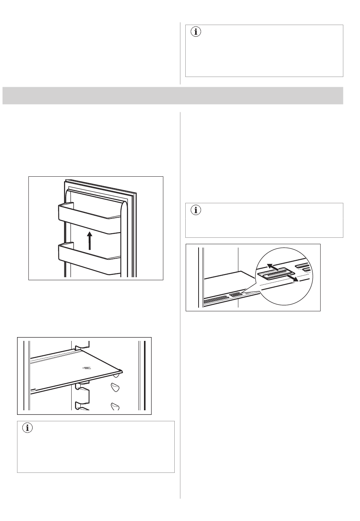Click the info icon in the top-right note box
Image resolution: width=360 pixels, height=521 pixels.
(x=196, y=32)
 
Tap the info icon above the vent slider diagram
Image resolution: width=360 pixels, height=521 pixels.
(x=196, y=210)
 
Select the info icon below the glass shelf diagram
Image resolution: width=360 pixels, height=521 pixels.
(x=27, y=428)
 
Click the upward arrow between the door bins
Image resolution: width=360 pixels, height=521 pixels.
(x=90, y=241)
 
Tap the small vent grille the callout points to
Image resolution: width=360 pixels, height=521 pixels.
(x=235, y=295)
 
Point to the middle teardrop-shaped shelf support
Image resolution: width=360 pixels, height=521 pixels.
(x=115, y=388)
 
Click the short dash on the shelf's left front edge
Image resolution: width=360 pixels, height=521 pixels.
(x=33, y=389)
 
